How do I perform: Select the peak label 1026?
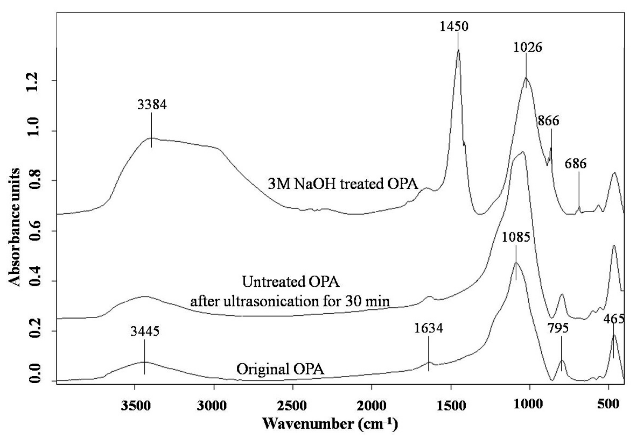527,48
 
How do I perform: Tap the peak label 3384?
152,105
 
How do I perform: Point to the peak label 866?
548,121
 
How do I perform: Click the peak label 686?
576,164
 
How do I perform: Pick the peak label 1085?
516,237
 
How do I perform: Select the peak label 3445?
145,332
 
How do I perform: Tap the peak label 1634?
428,328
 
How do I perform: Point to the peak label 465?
614,319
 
